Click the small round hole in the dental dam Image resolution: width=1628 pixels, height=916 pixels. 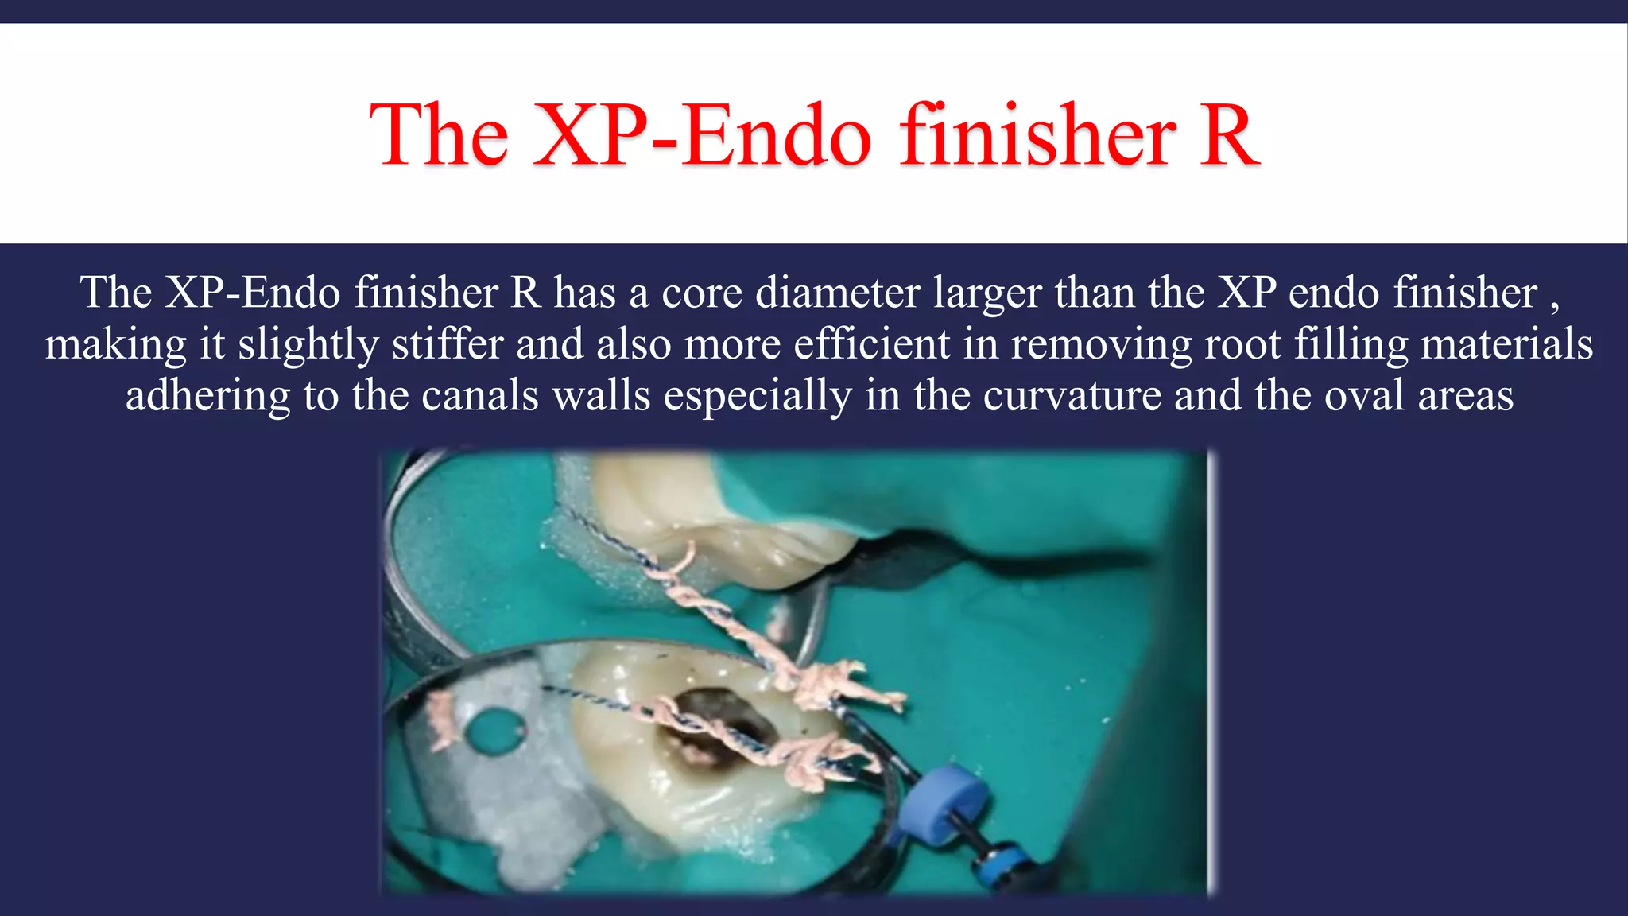coord(494,728)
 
